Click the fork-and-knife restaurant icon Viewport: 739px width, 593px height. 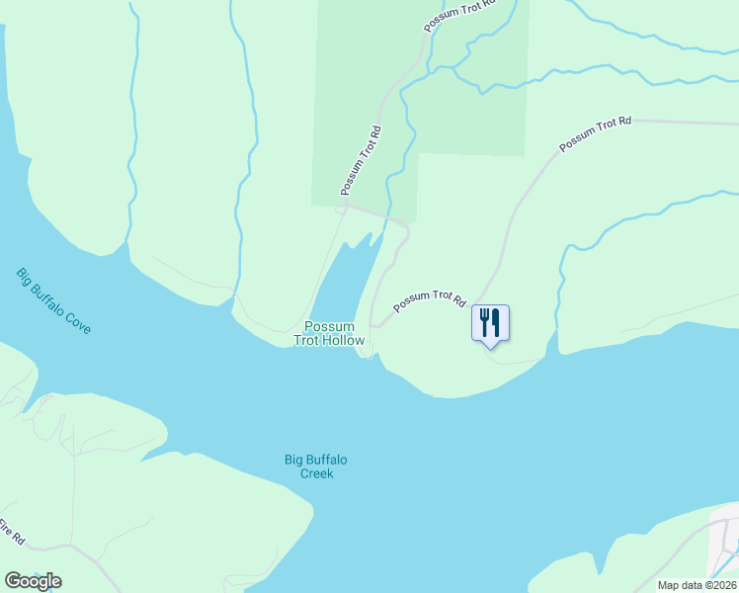tap(490, 323)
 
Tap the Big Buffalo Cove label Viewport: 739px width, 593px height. tap(54, 300)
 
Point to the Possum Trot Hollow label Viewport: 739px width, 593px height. tap(329, 333)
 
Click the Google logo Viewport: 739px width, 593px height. tap(33, 581)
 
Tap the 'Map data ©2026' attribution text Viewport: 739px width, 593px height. tap(697, 585)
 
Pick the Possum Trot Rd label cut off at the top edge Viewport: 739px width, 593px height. tap(455, 15)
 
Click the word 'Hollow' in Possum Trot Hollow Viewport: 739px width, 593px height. tap(343, 341)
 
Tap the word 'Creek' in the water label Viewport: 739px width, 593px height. tap(317, 473)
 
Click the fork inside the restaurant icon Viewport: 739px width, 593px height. tap(485, 321)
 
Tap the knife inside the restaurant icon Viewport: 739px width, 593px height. tap(496, 322)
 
